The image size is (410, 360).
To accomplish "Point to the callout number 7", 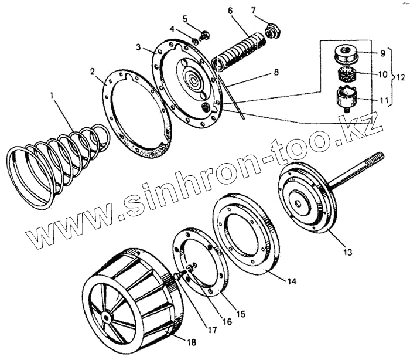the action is (x=253, y=10).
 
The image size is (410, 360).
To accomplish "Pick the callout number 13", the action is (x=347, y=252).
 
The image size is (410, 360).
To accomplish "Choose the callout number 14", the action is (x=291, y=281).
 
